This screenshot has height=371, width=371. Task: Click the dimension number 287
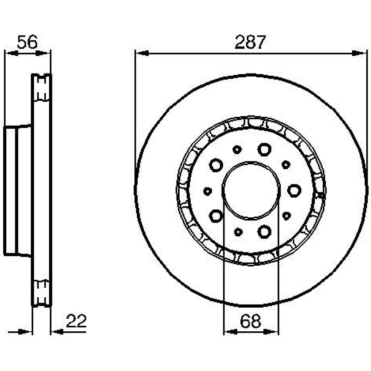click(250, 42)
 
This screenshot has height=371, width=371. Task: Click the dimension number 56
click(27, 42)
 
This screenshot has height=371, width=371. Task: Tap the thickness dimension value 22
click(76, 321)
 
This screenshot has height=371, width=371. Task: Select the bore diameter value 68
click(250, 321)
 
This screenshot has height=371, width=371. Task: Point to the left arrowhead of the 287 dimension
click(142, 53)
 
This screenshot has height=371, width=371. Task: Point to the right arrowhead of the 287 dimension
click(359, 53)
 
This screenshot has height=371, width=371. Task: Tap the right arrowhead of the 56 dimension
click(43, 53)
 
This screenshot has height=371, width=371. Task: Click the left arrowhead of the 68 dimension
click(231, 332)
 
